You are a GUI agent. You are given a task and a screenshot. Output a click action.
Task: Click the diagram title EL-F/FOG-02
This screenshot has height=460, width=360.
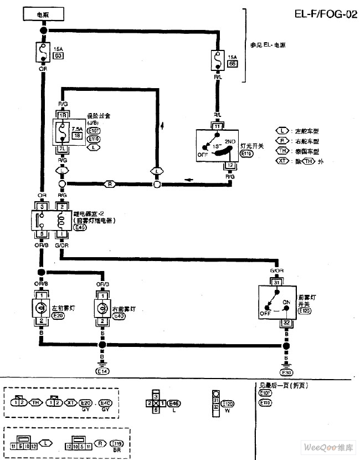[325, 15]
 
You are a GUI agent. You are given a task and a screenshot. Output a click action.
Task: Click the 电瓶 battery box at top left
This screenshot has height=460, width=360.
[43, 14]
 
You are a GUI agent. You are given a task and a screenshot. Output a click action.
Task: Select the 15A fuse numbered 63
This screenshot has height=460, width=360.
[43, 53]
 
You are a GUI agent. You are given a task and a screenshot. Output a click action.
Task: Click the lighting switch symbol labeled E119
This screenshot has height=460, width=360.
[217, 145]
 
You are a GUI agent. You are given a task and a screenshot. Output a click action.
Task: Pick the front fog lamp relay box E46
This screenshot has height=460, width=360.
[52, 219]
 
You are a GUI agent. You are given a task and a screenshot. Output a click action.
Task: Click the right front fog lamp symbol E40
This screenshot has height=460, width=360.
[102, 308]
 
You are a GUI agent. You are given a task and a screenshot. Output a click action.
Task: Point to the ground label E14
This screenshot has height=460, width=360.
[102, 370]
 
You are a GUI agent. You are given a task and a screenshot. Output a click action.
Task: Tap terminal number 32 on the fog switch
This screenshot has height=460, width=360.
[286, 323]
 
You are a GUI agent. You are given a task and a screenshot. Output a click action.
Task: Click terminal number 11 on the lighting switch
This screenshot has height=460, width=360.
[217, 126]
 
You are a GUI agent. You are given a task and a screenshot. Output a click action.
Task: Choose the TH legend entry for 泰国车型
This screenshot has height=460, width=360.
[282, 151]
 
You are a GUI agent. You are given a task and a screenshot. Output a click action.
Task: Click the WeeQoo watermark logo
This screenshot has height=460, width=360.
[328, 447]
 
